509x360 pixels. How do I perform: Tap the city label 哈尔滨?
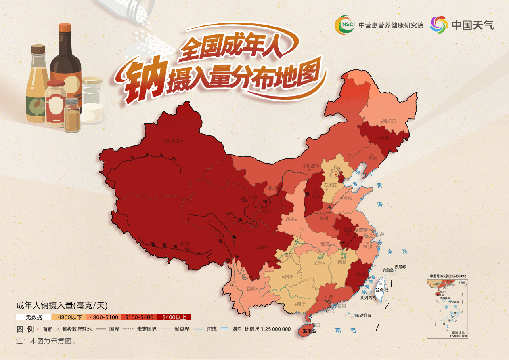pos(390,121)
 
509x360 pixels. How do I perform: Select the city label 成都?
pos(261,247)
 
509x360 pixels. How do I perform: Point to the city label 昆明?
pos(251,288)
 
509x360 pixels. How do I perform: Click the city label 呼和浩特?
pos(310,166)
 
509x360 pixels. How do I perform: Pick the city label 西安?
pos(290,219)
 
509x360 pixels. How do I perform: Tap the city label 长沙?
pos(318,263)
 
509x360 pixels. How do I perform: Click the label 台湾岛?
pos(381,290)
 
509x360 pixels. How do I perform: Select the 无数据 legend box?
pos(34,317)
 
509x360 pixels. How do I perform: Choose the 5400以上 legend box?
pos(174,317)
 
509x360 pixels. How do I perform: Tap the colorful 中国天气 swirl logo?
pos(439,25)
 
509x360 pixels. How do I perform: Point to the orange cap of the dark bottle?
pos(65,28)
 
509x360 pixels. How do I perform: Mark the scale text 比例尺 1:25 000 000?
pos(268,329)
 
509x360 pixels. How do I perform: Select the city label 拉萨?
pos(185,244)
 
